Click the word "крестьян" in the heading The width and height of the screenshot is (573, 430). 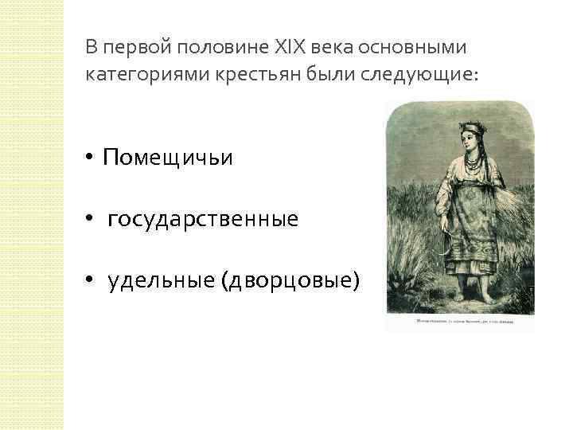coord(236,74)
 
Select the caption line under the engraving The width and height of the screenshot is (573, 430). coord(457,322)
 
